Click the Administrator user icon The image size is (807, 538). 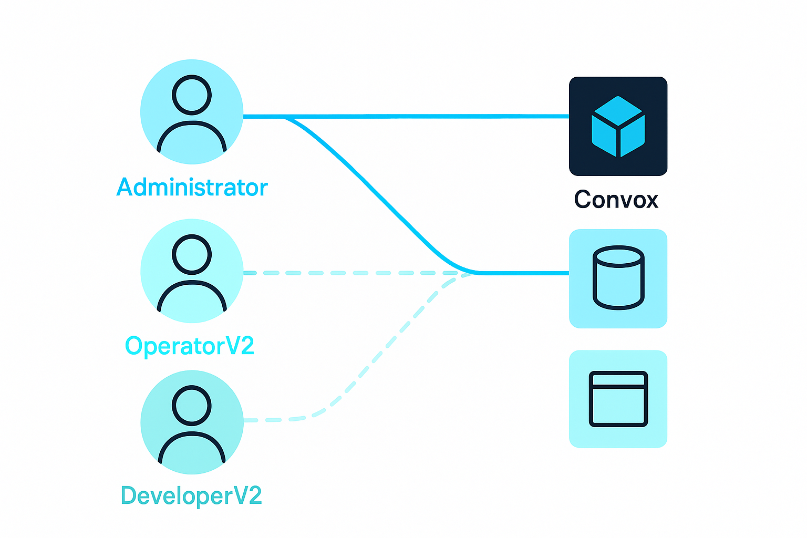click(192, 111)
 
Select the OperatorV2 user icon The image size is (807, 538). click(192, 271)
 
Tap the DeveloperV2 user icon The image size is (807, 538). click(192, 423)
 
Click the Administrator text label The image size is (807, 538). click(192, 188)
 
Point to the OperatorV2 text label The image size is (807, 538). click(190, 346)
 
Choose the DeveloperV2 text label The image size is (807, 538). click(191, 496)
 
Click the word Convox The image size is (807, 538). click(616, 200)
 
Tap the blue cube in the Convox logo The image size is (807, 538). click(618, 127)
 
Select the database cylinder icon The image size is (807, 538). click(618, 278)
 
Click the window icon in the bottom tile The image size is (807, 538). click(618, 399)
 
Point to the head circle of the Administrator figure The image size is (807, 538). click(192, 95)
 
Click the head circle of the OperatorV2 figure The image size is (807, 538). click(192, 254)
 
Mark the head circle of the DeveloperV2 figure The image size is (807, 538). click(192, 405)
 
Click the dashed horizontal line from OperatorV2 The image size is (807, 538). click(342, 273)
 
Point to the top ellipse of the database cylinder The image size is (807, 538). click(618, 256)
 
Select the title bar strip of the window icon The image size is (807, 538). click(618, 379)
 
